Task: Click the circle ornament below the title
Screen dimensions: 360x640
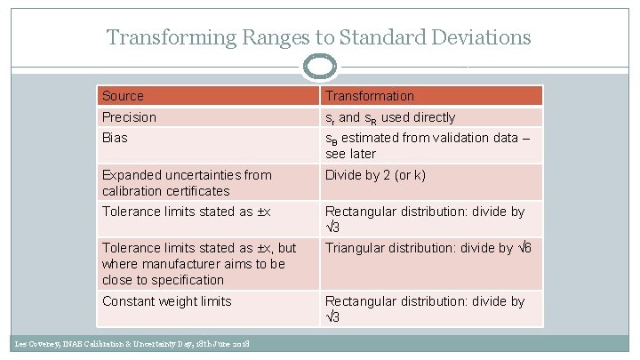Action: [320, 67]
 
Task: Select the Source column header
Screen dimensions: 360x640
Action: [123, 95]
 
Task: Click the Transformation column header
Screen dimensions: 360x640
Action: [369, 95]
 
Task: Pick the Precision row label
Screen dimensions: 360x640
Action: [129, 117]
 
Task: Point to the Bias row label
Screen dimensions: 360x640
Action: [115, 138]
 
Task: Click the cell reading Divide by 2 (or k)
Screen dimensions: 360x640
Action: [375, 175]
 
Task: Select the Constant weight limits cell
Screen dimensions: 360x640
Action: [166, 301]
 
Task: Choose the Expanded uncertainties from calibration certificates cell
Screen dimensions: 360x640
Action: [187, 182]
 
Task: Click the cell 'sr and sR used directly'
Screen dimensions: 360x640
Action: [389, 117]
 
